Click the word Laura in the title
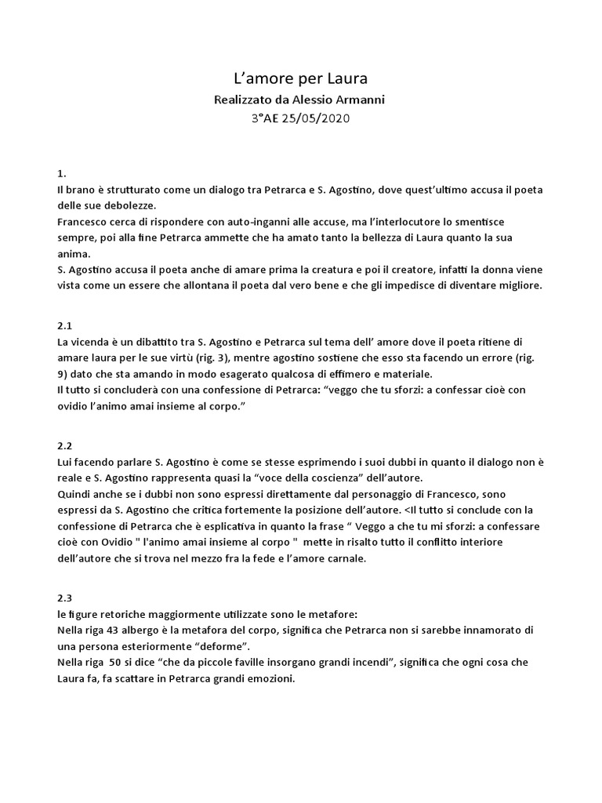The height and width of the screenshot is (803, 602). click(x=346, y=78)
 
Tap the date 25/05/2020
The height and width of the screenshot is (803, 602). click(x=318, y=118)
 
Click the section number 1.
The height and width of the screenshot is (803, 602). click(x=62, y=173)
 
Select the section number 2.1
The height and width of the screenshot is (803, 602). click(x=66, y=324)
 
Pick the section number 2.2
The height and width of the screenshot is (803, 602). click(x=66, y=445)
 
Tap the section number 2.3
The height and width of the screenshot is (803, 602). click(x=66, y=597)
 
